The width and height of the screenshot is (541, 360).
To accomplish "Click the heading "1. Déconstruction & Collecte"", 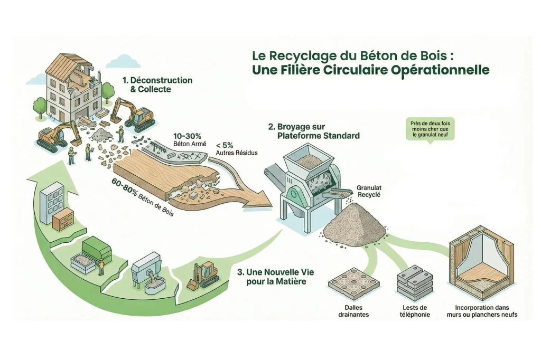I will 157,84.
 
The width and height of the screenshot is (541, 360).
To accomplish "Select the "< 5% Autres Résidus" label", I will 233,149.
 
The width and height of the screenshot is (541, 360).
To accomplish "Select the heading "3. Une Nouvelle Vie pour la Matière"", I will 272,277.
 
